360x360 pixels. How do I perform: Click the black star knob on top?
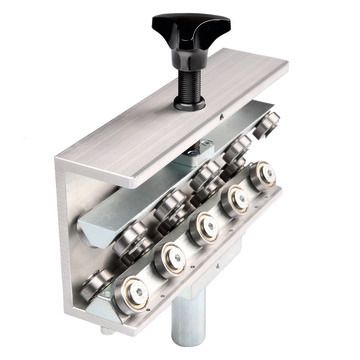click(x=190, y=28)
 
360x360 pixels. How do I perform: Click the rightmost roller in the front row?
click(x=263, y=175)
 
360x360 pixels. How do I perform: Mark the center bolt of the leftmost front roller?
click(x=131, y=294)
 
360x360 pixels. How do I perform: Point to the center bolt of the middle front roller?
click(x=206, y=226)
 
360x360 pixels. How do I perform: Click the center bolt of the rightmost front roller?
click(x=264, y=175)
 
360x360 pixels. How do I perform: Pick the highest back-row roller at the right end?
click(x=265, y=126)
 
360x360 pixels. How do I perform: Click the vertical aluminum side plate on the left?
click(x=75, y=240)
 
